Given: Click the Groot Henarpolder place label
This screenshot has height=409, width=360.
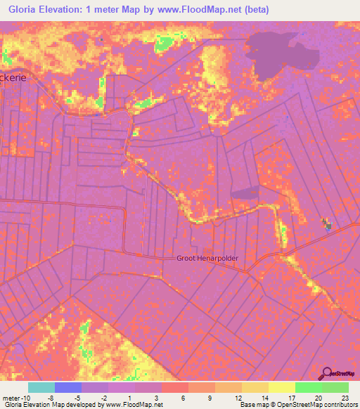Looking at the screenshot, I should point(207,259).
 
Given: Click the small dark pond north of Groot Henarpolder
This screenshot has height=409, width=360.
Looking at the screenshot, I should point(244,193).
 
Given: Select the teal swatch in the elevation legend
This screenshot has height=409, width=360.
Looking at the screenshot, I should point(41,387).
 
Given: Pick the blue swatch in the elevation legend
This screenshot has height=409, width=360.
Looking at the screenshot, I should point(68,387).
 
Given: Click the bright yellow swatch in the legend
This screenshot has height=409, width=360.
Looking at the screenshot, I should point(281,387).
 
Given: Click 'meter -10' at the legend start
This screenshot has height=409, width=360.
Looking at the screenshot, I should point(13,397).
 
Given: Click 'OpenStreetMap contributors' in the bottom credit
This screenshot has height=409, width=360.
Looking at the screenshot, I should point(317,405).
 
